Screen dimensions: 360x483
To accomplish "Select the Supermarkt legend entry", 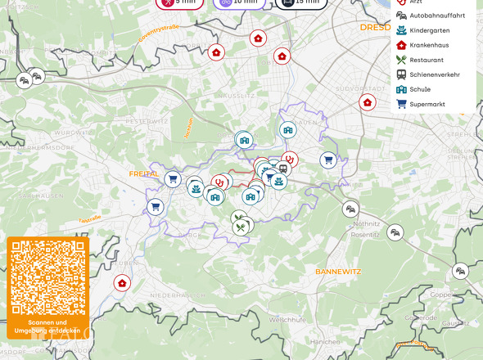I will [x=427, y=104].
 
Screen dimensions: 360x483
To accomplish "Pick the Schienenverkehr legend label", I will [x=434, y=74].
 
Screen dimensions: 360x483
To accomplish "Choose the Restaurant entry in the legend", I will [x=427, y=60].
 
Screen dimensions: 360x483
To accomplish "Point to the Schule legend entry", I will [x=420, y=89].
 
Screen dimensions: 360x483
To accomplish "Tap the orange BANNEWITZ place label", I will [x=338, y=270].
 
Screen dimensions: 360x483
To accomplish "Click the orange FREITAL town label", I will [x=143, y=173].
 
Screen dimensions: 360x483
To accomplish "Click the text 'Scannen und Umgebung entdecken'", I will [x=47, y=326].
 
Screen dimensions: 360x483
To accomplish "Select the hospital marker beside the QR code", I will [x=122, y=283].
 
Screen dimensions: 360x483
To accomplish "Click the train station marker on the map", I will [x=282, y=169].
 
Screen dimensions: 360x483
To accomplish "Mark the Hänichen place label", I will [x=325, y=341].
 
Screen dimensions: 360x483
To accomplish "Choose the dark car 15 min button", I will [x=299, y=2].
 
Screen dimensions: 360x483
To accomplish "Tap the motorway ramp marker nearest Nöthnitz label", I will [x=350, y=209].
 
